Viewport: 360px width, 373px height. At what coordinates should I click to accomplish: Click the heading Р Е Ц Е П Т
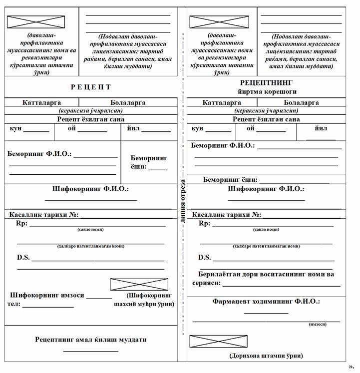pyautogui.click(x=90, y=87)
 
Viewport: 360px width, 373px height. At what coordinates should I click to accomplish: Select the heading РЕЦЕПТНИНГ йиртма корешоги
pyautogui.click(x=266, y=86)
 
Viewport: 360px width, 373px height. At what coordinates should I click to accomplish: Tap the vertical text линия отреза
pyautogui.click(x=183, y=200)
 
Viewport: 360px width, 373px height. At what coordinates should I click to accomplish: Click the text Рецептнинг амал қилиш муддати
pyautogui.click(x=90, y=340)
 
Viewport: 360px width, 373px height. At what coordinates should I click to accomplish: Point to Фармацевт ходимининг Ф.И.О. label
pyautogui.click(x=266, y=302)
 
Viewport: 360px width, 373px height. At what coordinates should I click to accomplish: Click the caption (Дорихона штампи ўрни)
pyautogui.click(x=266, y=356)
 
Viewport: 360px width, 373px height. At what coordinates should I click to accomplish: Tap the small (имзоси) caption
pyautogui.click(x=318, y=324)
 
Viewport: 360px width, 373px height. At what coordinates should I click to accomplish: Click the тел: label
pyautogui.click(x=13, y=304)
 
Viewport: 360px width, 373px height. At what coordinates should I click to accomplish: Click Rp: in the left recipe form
pyautogui.click(x=22, y=223)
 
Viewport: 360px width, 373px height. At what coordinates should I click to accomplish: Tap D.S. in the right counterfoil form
pyautogui.click(x=205, y=257)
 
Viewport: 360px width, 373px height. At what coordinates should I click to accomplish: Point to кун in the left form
pyautogui.click(x=15, y=128)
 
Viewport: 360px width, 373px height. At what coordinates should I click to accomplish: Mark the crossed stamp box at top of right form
pyautogui.click(x=219, y=21)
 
